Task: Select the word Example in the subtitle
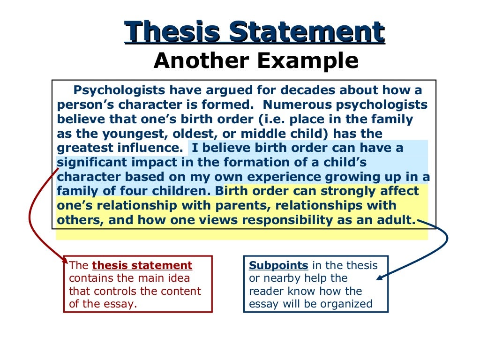click(x=309, y=60)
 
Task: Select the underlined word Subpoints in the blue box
click(x=278, y=265)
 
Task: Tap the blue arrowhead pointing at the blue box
click(x=380, y=277)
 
